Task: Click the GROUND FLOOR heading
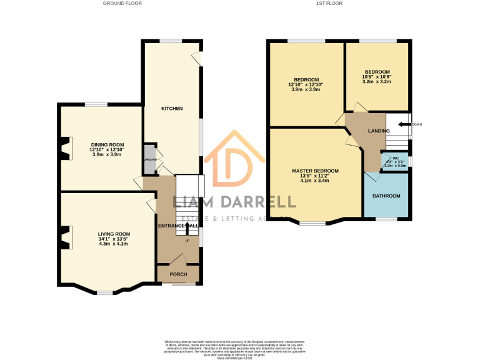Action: point(122,3)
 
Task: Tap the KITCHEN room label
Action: point(172,109)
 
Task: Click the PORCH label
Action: point(179,274)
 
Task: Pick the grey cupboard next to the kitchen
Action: point(149,159)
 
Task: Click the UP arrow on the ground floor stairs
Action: point(187,229)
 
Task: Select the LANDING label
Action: point(379,131)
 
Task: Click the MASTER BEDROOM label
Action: point(315,171)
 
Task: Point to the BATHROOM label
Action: point(386,196)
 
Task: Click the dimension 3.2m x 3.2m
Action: point(377,82)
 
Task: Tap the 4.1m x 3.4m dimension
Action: point(315,181)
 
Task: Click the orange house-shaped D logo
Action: point(228,161)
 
